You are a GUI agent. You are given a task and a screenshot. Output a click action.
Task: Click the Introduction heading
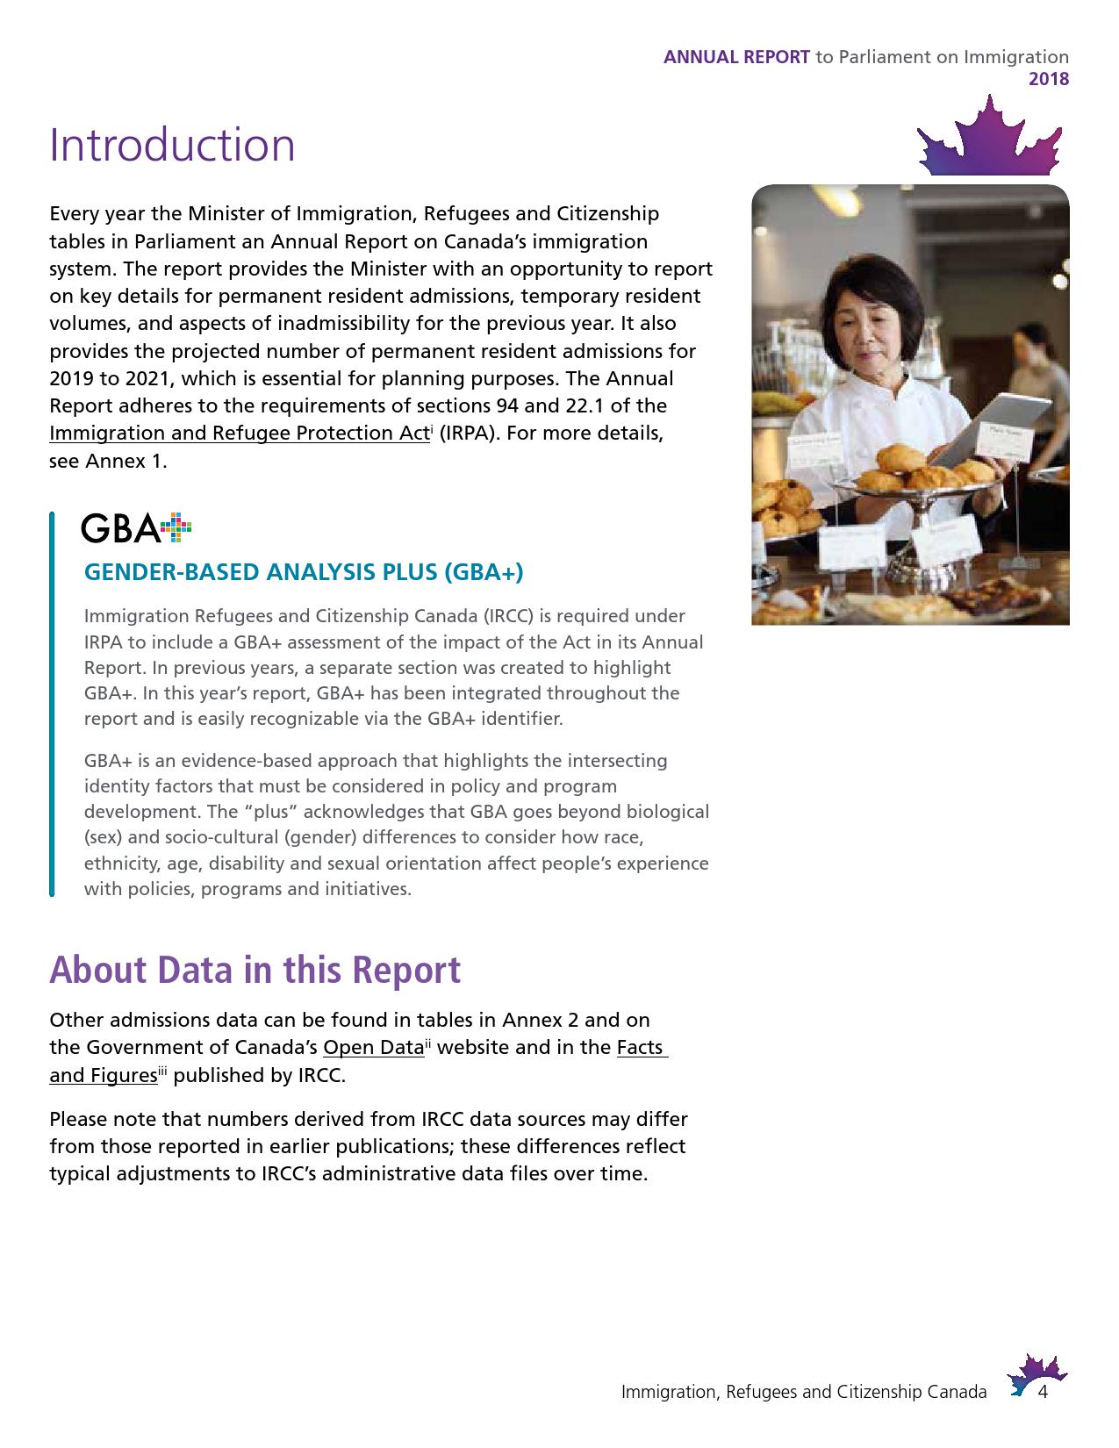click(172, 145)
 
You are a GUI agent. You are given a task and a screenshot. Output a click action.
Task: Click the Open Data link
click(373, 1048)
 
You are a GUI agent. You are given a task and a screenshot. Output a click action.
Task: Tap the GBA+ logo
click(136, 527)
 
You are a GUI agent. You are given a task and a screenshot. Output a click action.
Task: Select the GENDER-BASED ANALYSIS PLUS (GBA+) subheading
click(303, 572)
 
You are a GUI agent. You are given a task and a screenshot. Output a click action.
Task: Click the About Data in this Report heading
click(255, 970)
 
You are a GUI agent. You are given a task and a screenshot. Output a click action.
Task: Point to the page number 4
click(1044, 1393)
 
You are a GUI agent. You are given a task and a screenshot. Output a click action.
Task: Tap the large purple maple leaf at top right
click(990, 139)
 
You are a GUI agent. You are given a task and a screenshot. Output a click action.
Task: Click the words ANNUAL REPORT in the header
click(736, 57)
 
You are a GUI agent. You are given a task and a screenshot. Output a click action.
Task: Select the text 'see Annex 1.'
click(108, 462)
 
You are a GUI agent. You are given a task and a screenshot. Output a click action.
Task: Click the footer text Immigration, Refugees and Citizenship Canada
click(803, 1393)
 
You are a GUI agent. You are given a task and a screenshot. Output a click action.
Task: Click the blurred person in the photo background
click(1036, 369)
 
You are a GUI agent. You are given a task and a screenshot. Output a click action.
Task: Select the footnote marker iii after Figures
click(162, 1071)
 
